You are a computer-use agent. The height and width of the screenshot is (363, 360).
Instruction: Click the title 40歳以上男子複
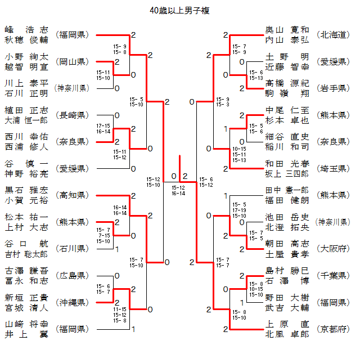pos(179,11)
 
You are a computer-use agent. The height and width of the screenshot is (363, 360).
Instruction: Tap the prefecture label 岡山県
pos(72,62)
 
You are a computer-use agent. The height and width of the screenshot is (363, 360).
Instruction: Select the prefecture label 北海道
pos(333,35)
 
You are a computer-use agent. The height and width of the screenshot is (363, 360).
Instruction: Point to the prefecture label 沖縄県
pos(72,302)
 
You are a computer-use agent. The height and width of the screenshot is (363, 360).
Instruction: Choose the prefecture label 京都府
pos(333,329)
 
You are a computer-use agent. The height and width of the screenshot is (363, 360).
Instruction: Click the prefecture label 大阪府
pos(333,249)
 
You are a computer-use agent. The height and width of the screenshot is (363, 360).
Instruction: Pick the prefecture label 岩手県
pos(333,88)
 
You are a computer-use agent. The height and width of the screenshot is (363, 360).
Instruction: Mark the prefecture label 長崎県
pos(72,115)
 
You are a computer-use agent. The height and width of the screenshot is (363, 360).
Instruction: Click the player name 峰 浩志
pos(26,30)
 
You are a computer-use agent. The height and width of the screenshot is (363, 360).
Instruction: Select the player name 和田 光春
pos(287,164)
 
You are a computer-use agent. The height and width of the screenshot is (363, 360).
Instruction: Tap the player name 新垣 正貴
pos(26,298)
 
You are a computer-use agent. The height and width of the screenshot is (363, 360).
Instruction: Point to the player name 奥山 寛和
pos(287,30)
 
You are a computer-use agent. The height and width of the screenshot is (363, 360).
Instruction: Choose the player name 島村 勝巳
pos(287,271)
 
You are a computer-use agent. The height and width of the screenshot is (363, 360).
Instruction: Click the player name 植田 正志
pos(26,110)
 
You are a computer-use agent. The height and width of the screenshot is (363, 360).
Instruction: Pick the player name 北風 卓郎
pos(287,334)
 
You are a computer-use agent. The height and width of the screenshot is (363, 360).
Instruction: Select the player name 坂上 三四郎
pos(287,174)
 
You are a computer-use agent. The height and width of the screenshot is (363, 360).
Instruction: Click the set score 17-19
pos(239,210)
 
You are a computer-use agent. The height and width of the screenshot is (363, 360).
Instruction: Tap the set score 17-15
pos(103,126)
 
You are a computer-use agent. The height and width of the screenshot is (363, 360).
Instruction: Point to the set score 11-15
pos(120,310)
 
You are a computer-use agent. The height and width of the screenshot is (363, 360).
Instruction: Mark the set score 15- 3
pos(223,105)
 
